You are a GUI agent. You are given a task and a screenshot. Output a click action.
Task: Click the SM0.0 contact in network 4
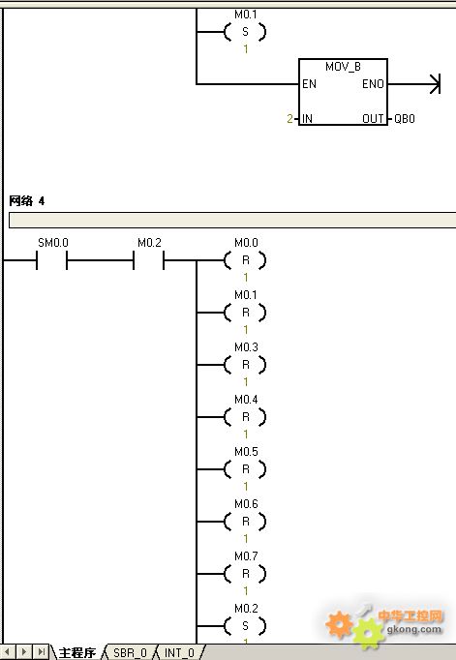[x=51, y=260]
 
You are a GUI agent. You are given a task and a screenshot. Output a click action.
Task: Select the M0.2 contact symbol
[x=149, y=260]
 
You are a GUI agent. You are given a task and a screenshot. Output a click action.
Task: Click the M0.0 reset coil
[x=245, y=260]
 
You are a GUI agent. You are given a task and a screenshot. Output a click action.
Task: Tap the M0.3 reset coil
[x=245, y=365]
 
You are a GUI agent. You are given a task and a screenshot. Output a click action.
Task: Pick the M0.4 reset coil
[x=245, y=417]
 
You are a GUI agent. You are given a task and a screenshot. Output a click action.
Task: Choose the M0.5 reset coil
[x=245, y=469]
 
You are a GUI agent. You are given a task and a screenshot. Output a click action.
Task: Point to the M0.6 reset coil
[x=245, y=522]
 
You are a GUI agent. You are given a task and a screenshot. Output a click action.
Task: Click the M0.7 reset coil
[x=245, y=574]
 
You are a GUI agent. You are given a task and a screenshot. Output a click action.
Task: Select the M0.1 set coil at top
[x=245, y=32]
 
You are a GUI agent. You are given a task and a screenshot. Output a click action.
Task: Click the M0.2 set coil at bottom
[x=245, y=626]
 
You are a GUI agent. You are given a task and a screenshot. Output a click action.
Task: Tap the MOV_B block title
[x=343, y=67]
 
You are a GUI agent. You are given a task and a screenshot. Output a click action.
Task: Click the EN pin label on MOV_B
[x=309, y=84]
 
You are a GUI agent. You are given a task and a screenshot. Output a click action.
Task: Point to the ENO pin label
[x=373, y=84]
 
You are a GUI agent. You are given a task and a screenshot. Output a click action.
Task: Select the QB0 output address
[x=405, y=119]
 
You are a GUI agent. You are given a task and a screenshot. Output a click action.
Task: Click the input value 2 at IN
[x=289, y=119]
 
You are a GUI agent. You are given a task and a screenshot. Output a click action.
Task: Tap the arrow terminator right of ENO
[x=435, y=84]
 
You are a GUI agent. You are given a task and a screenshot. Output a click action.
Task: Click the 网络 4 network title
[x=26, y=200]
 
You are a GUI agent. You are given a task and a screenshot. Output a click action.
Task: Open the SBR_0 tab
[x=130, y=652]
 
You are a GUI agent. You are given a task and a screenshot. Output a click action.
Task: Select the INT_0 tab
[x=179, y=652]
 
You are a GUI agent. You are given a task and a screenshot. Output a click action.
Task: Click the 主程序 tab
[x=77, y=652]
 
